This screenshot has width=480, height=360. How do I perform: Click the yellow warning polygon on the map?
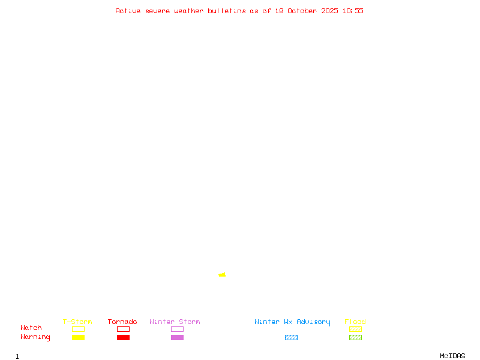coord(223,275)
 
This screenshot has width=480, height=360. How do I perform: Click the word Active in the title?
coord(128,11)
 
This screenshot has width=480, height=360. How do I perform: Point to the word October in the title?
coord(306,11)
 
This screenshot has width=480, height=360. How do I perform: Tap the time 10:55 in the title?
coord(353,11)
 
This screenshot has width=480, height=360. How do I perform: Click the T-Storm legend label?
coord(77,322)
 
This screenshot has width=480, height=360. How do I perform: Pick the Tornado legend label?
coord(122,322)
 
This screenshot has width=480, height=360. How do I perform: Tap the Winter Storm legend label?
coord(175,322)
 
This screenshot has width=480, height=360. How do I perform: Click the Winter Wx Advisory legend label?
coord(292,322)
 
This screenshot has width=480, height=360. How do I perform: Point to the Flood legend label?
coord(355,322)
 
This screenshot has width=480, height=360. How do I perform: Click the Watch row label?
coord(31,328)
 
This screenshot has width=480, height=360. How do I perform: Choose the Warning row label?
coord(35,337)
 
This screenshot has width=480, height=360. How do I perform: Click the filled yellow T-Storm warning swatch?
coord(78,337)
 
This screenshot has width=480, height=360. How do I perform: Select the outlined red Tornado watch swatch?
coord(123,329)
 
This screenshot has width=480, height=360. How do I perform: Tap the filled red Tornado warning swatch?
coord(123,337)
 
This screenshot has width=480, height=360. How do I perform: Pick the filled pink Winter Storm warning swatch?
coord(177,337)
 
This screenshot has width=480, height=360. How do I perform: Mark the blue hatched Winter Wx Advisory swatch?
coord(291,337)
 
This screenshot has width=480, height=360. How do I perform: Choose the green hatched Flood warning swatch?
coord(355,337)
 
